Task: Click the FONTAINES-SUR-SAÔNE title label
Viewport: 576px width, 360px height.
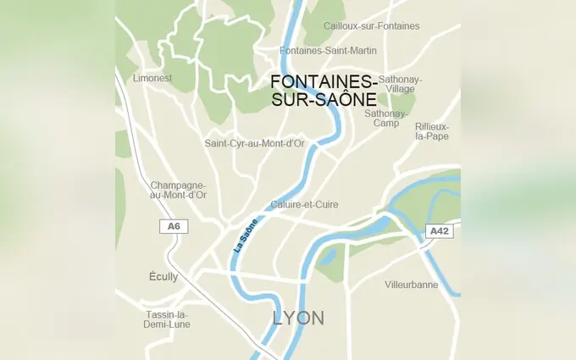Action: click(x=324, y=90)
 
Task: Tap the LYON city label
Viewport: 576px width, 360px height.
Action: click(x=298, y=318)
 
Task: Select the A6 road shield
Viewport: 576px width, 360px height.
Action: click(x=174, y=226)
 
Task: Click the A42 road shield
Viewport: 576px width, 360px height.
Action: click(x=439, y=230)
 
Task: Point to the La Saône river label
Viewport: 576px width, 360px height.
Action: click(x=246, y=236)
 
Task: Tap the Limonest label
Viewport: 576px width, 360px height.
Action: click(x=152, y=78)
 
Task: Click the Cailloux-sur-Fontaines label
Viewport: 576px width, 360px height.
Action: click(x=371, y=26)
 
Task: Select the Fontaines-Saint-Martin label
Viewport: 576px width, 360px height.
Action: click(x=329, y=51)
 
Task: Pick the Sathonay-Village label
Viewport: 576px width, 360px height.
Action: click(x=400, y=84)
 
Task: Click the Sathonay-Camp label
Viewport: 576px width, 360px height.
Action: click(x=386, y=118)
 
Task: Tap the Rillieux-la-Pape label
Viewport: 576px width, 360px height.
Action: click(x=432, y=131)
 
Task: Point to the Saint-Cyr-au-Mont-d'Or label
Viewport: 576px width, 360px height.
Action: click(x=254, y=143)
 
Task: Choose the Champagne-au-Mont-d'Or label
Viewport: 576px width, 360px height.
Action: click(x=178, y=190)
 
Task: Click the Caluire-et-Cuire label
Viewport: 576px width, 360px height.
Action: click(x=304, y=205)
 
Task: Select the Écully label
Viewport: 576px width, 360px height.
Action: click(x=163, y=277)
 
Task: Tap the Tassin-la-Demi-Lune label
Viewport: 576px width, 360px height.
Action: click(x=167, y=319)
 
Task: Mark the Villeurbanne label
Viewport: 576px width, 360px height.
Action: click(x=411, y=285)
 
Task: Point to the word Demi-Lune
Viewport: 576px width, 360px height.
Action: click(x=167, y=324)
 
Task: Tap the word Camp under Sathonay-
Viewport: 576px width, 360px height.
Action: click(x=386, y=124)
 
